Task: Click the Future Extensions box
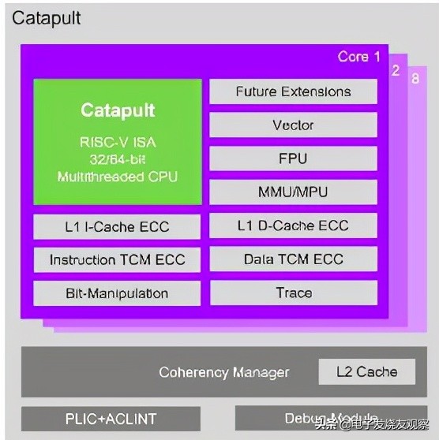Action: (293, 91)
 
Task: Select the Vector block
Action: (293, 125)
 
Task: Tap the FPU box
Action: (293, 158)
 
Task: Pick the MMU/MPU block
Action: (293, 192)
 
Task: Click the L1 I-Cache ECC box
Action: (117, 226)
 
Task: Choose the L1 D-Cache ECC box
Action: (293, 226)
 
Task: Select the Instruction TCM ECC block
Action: (117, 259)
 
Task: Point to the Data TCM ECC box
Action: (293, 259)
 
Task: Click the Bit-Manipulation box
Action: (117, 293)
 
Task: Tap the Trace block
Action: (293, 293)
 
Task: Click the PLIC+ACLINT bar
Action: (111, 418)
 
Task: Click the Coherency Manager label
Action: (223, 372)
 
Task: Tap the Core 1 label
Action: (358, 57)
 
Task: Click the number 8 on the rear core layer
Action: (415, 79)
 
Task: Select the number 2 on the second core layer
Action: (396, 69)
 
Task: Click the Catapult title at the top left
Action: (46, 17)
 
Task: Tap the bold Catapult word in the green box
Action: (118, 110)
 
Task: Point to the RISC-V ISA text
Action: (118, 143)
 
